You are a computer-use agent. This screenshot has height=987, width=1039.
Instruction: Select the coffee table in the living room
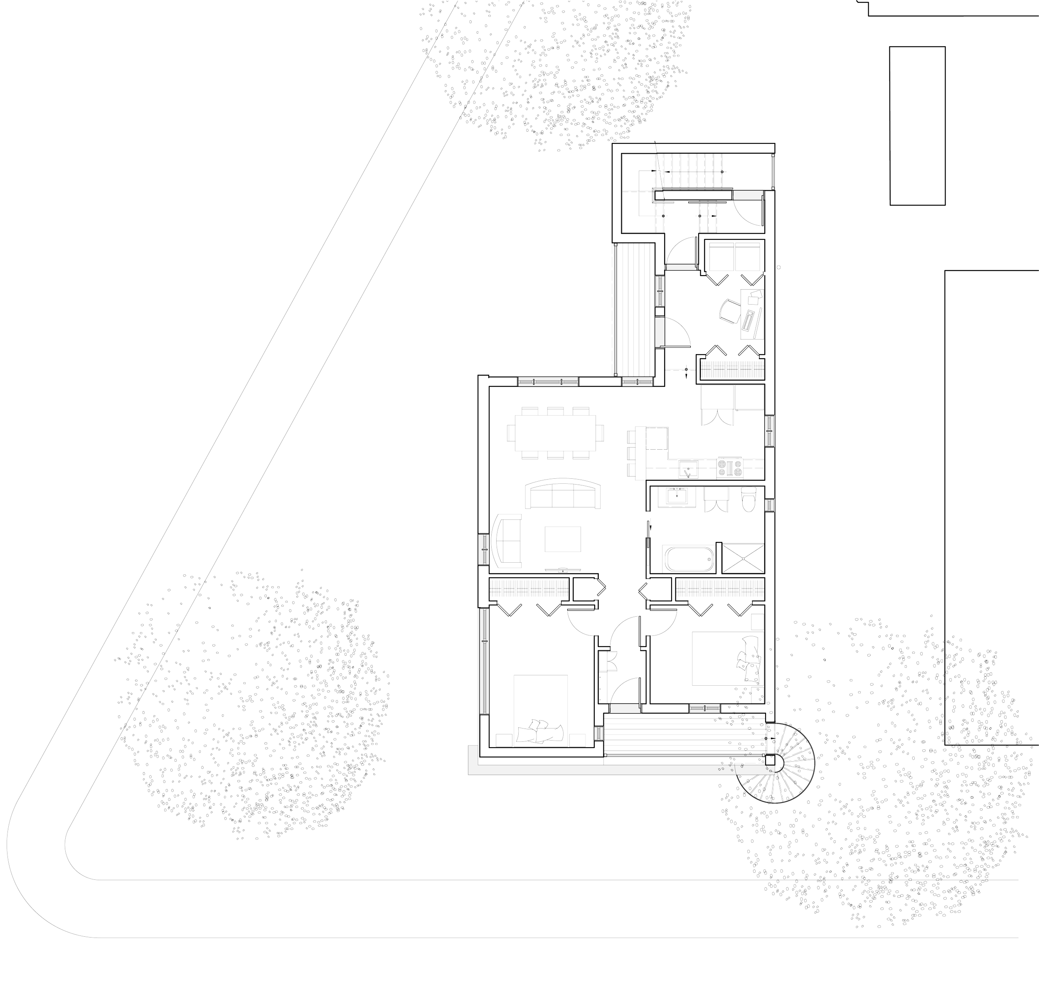point(562,539)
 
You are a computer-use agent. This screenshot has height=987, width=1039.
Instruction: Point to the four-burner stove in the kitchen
point(730,468)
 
